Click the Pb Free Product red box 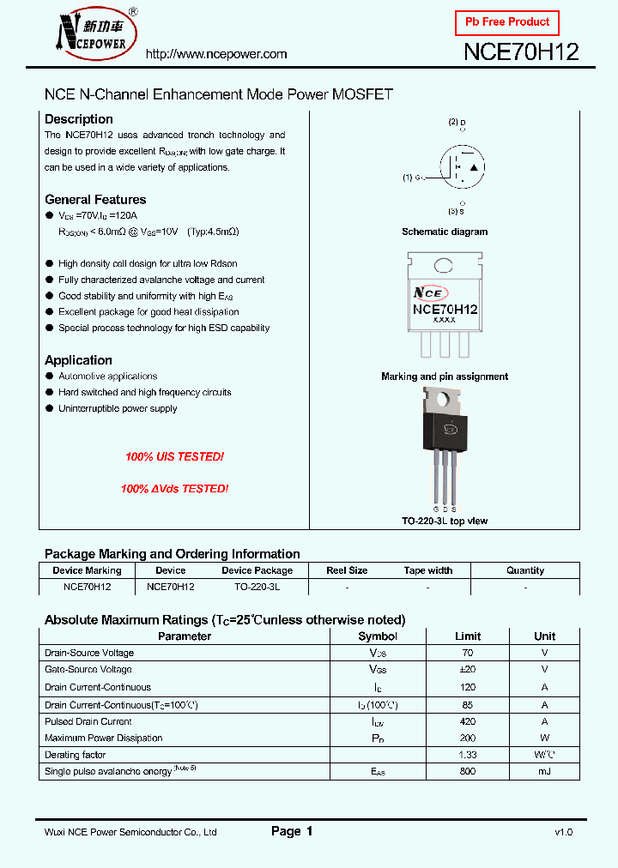pyautogui.click(x=506, y=22)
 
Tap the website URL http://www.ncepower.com pyautogui.click(x=216, y=54)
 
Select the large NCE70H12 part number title pyautogui.click(x=521, y=52)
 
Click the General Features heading pyautogui.click(x=95, y=200)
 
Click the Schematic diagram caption pyautogui.click(x=445, y=232)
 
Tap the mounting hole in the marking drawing pyautogui.click(x=444, y=264)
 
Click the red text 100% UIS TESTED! pyautogui.click(x=174, y=457)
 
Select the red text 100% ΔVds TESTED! pyautogui.click(x=174, y=488)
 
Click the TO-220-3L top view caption pyautogui.click(x=445, y=521)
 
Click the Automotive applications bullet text pyautogui.click(x=108, y=377)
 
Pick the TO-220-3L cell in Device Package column pyautogui.click(x=257, y=588)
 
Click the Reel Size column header pyautogui.click(x=347, y=570)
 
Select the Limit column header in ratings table pyautogui.click(x=468, y=636)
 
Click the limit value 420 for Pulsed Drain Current pyautogui.click(x=468, y=721)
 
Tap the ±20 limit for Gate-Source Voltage pyautogui.click(x=468, y=670)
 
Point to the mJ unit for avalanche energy pyautogui.click(x=544, y=772)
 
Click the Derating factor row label pyautogui.click(x=76, y=755)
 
